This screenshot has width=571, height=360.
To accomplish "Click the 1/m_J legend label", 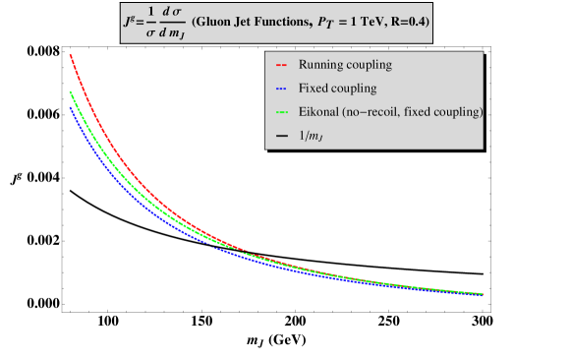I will pos(314,135).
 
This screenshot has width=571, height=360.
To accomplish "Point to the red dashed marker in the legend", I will pos(281,65).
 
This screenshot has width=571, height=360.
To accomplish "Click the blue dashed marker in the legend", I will pos(281,89).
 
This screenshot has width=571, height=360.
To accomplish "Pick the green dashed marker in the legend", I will pos(281,112).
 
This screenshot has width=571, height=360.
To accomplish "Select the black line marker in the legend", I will pos(281,135).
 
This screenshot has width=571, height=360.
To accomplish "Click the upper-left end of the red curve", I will pos(70,55).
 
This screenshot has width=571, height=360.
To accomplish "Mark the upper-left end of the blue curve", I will pos(70,106).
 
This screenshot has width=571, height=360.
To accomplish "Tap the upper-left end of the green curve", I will pos(70,92).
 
